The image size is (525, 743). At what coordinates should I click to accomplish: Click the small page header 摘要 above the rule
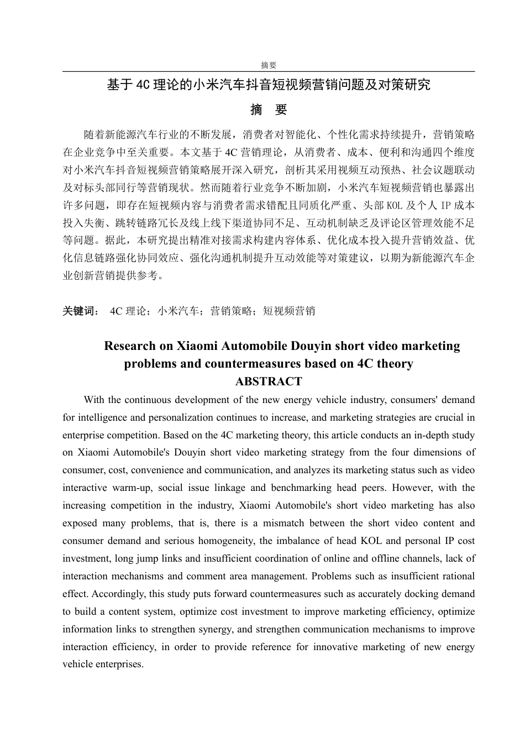[269, 65]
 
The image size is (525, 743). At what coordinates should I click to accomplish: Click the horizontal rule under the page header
[269, 71]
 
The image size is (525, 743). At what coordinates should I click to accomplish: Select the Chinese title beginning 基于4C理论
[269, 85]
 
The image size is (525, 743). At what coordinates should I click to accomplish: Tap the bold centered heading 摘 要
[269, 110]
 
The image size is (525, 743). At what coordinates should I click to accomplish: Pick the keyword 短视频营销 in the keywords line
[289, 311]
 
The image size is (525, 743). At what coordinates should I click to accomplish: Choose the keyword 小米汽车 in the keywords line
[179, 311]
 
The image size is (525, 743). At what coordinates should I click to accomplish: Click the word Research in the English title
[130, 346]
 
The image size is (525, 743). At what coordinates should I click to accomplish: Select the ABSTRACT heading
[269, 381]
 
